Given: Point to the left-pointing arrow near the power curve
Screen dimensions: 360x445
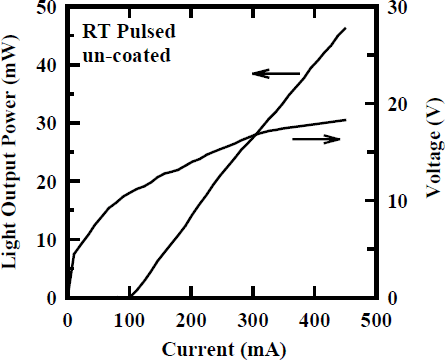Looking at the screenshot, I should pos(275,74).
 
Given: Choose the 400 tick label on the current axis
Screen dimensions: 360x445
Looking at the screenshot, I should pos(314,320).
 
